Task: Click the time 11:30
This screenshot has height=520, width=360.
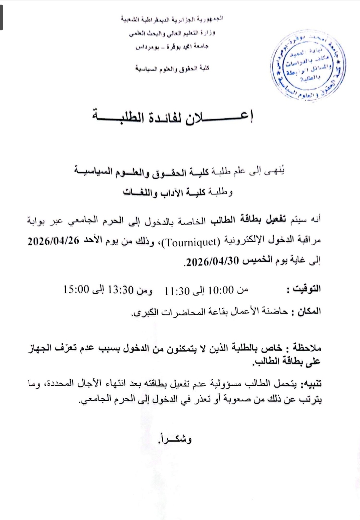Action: [177, 291]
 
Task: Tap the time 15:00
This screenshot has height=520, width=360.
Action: [77, 289]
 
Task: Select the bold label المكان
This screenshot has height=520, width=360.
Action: [307, 311]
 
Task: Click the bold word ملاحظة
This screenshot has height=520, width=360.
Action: [307, 348]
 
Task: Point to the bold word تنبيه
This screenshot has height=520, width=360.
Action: [312, 384]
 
